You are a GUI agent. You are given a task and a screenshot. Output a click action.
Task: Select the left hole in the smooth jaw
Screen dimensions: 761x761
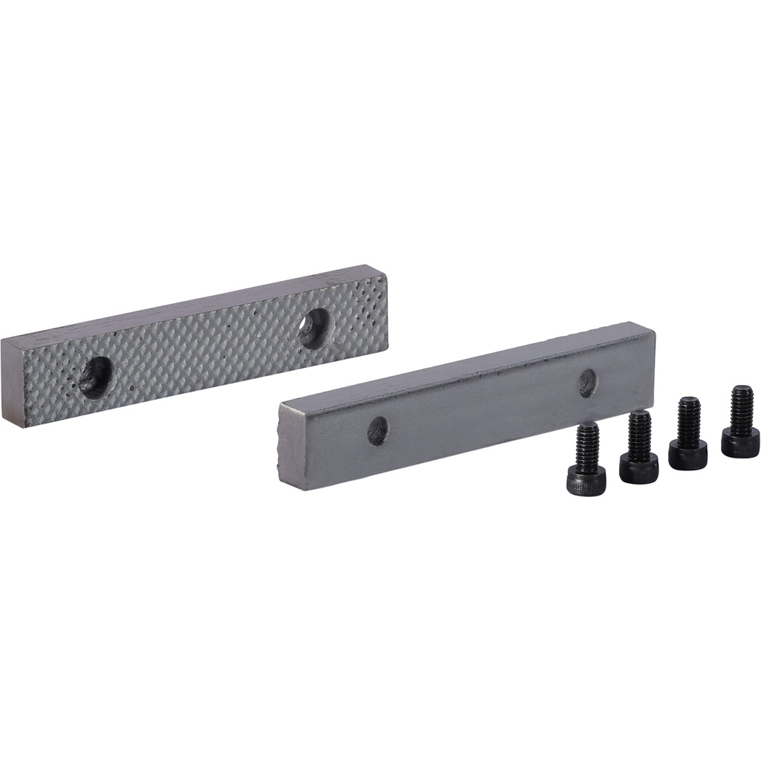coord(378,430)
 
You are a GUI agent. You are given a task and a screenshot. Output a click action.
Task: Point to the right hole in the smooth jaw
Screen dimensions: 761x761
coord(588,382)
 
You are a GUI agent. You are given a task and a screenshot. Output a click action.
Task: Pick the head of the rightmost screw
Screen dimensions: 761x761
coord(739,444)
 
